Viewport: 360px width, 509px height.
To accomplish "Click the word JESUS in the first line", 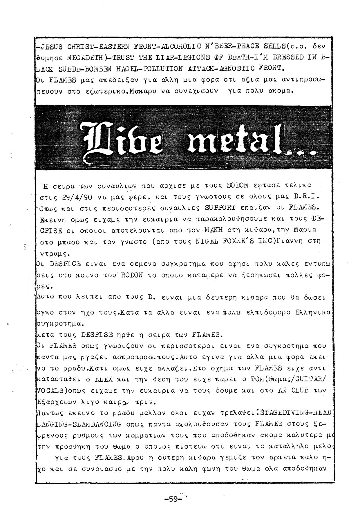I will point(51,46).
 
